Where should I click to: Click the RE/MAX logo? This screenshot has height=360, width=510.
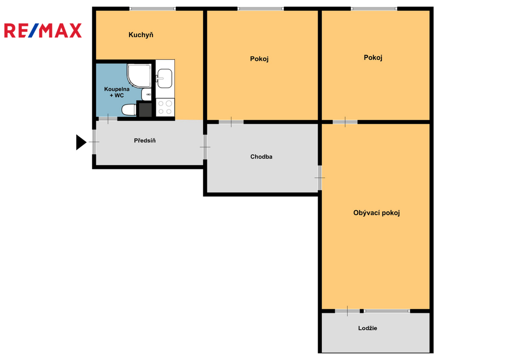click(x=43, y=30)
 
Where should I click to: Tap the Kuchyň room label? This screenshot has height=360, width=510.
click(x=141, y=35)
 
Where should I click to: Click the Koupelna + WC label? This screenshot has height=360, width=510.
click(x=117, y=92)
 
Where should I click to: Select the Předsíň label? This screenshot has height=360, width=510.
click(x=145, y=140)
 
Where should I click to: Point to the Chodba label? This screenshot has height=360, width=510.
click(x=261, y=157)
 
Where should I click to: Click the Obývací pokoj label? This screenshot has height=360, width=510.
click(x=377, y=213)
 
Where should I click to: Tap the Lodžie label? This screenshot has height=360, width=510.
click(x=368, y=328)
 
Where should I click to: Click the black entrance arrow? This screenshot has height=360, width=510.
click(x=81, y=142)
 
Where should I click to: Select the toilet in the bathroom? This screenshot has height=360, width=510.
click(x=129, y=110)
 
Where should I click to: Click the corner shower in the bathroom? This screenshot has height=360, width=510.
click(x=139, y=76)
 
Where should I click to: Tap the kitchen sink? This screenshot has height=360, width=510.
click(x=164, y=78)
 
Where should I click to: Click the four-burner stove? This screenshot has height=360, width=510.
click(x=165, y=108)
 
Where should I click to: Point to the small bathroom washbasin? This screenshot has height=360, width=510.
click(x=146, y=94)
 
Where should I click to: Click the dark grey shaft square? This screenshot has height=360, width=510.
click(x=145, y=109)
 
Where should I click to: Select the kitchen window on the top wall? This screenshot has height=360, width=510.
click(x=152, y=9)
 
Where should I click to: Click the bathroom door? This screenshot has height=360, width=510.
click(x=108, y=119)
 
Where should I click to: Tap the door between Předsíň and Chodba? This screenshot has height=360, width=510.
click(x=205, y=147)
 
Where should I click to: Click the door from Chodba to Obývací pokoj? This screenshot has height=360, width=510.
click(x=320, y=178)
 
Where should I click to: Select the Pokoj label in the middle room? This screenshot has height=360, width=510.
click(x=259, y=59)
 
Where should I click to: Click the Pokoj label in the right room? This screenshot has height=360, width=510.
click(x=373, y=58)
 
